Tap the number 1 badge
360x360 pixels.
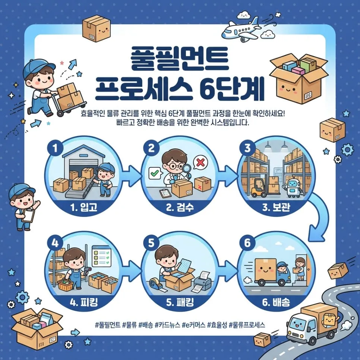[55, 148]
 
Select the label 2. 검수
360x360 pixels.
[180, 207]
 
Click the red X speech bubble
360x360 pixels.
[200, 163]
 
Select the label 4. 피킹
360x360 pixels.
[83, 302]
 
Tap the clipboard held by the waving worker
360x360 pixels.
[28, 215]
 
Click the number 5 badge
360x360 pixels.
[151, 243]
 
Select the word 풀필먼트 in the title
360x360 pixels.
[180, 59]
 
